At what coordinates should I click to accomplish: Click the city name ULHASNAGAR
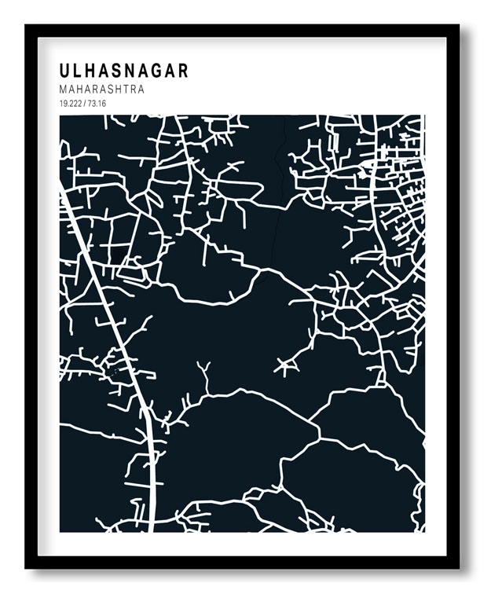pyautogui.click(x=124, y=71)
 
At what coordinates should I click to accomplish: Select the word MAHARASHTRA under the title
pyautogui.click(x=101, y=90)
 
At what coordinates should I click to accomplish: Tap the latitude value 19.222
pyautogui.click(x=71, y=104)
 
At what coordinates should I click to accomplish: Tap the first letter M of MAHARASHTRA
pyautogui.click(x=63, y=90)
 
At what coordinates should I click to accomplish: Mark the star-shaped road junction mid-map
pyautogui.click(x=286, y=365)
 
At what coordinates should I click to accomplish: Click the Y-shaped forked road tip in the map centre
pyautogui.click(x=205, y=368)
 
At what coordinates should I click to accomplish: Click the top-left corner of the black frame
pyautogui.click(x=26, y=25)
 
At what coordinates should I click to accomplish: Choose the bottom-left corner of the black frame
pyautogui.click(x=26, y=567)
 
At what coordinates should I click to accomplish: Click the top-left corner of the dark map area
pyautogui.click(x=60, y=116)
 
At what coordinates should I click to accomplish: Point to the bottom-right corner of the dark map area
pyautogui.click(x=424, y=531)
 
